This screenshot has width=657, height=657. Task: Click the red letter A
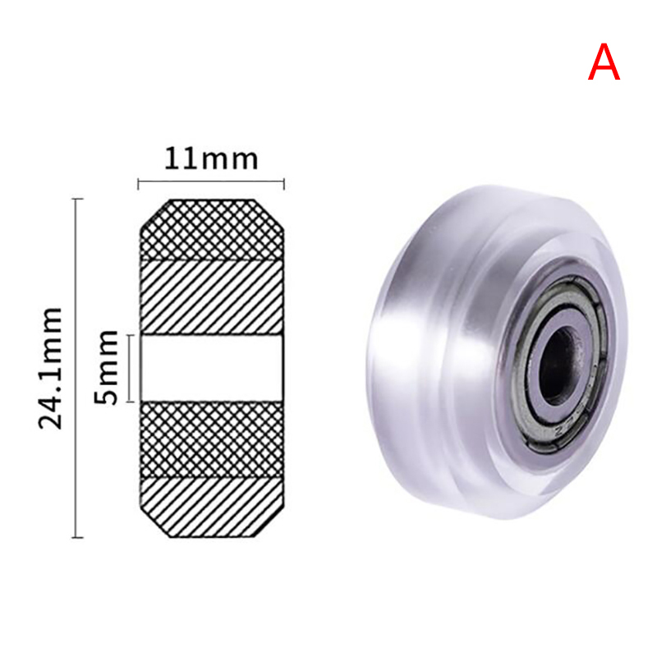(x=604, y=62)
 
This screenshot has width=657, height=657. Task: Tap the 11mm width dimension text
(x=211, y=159)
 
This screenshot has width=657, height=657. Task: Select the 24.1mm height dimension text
(x=51, y=368)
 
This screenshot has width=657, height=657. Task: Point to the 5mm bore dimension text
(x=106, y=367)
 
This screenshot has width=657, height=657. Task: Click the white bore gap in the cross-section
(x=212, y=368)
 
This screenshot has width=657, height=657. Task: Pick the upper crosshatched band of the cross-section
(x=212, y=230)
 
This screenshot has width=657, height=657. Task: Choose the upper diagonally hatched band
(x=212, y=297)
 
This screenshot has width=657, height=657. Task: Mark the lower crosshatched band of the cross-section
(x=212, y=439)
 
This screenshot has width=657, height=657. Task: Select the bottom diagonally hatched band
(x=212, y=508)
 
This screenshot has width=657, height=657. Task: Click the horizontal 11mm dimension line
(x=211, y=181)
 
